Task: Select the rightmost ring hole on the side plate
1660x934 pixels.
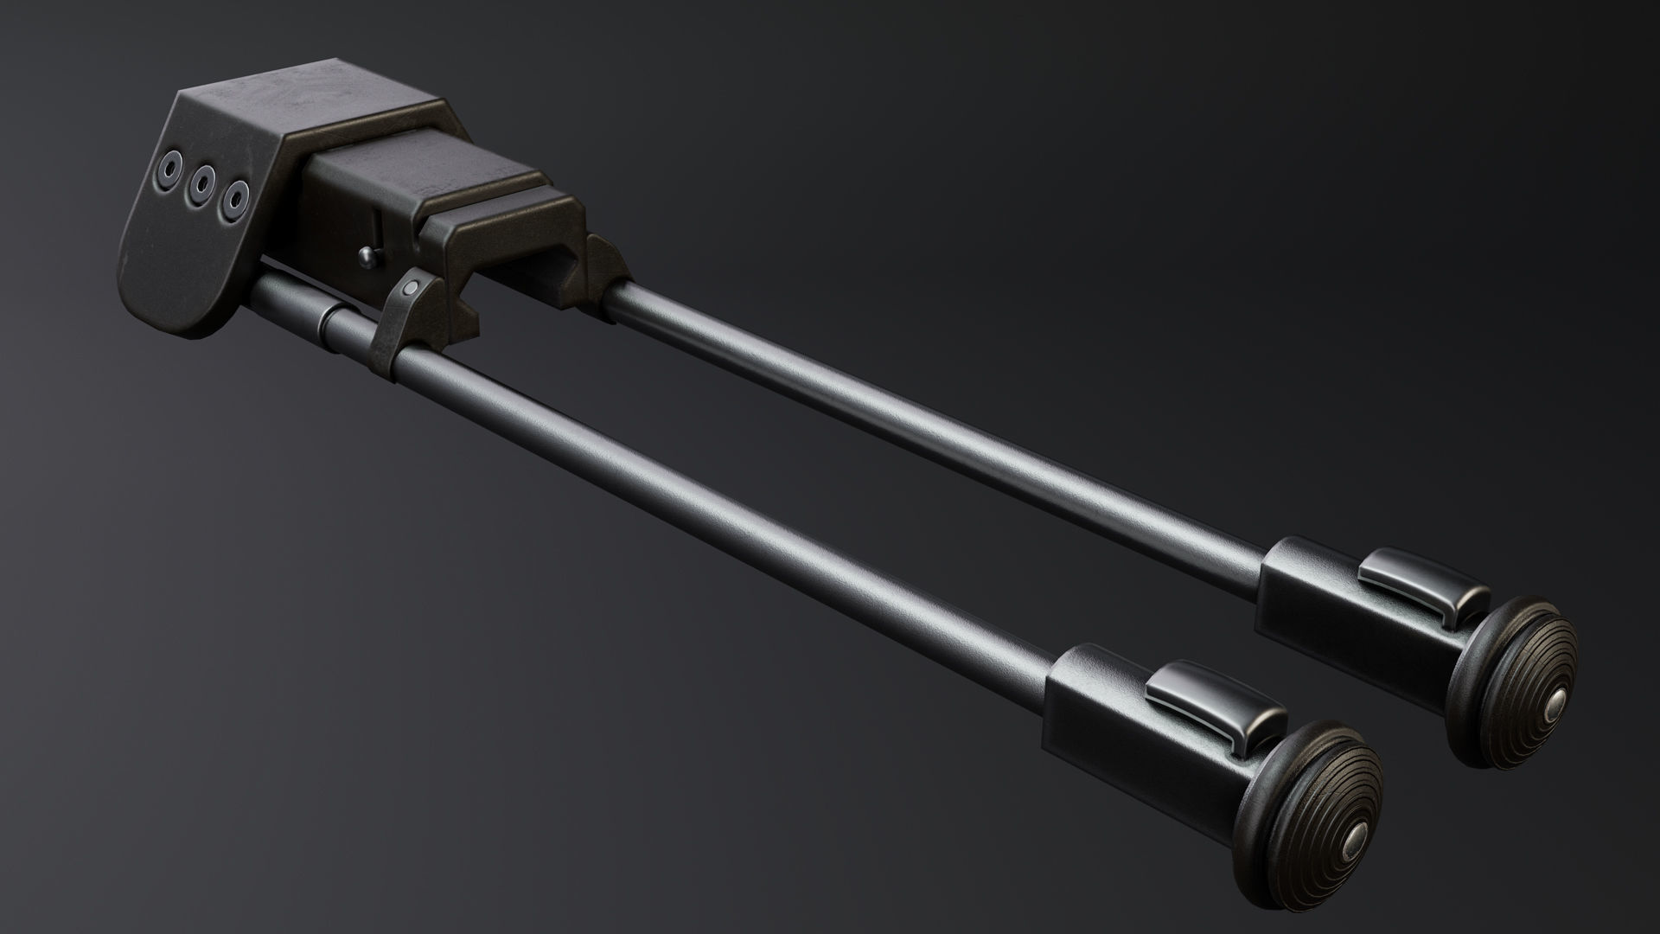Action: [x=232, y=198]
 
